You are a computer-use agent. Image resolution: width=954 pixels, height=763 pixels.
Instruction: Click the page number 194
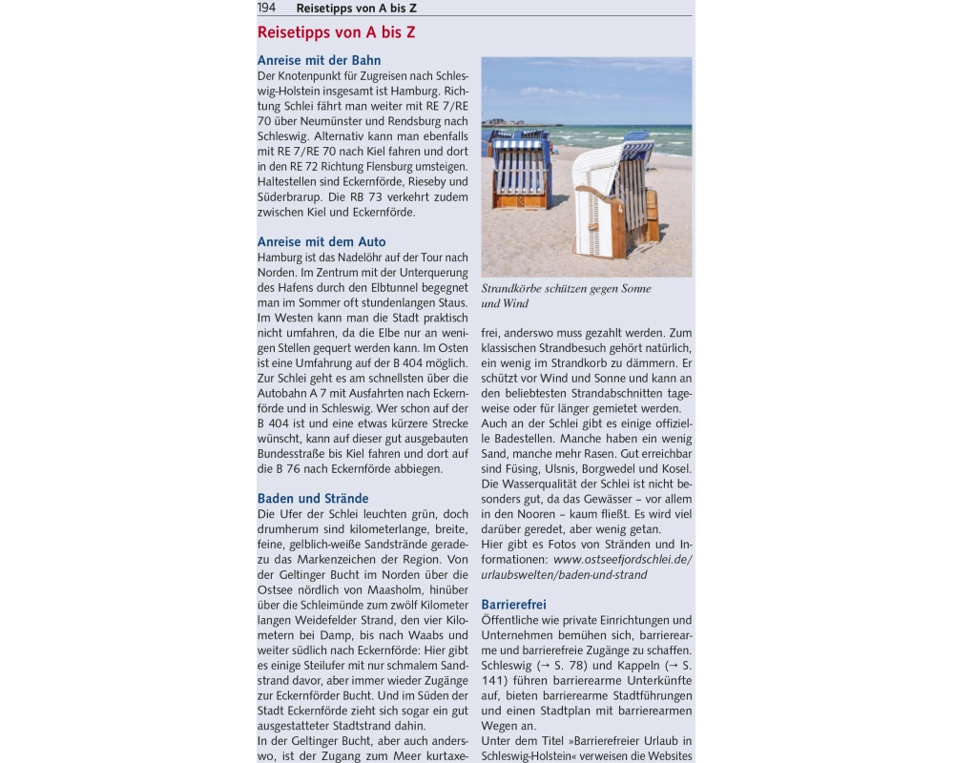pyautogui.click(x=267, y=8)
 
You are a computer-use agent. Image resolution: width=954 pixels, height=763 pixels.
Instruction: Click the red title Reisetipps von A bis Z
pyautogui.click(x=336, y=32)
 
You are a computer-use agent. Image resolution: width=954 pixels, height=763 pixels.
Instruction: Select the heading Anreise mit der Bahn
pyautogui.click(x=319, y=60)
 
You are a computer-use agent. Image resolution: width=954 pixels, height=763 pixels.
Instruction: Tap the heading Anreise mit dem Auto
pyautogui.click(x=321, y=242)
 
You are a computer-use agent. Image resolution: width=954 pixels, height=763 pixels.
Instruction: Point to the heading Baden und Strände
pyautogui.click(x=313, y=499)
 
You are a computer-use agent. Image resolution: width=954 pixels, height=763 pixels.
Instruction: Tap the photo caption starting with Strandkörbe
pyautogui.click(x=567, y=296)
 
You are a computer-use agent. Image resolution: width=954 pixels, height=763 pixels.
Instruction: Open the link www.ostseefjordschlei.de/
pyautogui.click(x=622, y=560)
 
